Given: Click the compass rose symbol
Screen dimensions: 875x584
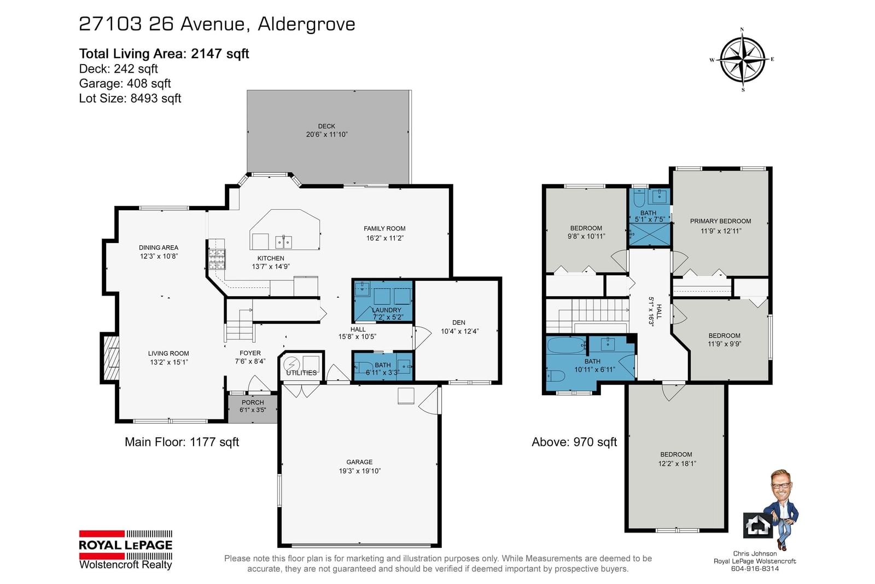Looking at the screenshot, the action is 742,60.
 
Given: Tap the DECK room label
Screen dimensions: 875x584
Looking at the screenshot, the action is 326,126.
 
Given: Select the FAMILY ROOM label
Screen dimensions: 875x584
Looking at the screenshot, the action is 384,229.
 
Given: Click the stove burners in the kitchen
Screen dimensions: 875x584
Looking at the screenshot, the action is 217,259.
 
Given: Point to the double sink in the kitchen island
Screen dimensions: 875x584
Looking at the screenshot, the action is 284,242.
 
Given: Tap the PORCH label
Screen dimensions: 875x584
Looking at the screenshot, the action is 253,402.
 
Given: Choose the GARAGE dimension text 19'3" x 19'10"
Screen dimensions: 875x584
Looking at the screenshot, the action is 359,471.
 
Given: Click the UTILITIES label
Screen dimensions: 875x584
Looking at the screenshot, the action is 301,373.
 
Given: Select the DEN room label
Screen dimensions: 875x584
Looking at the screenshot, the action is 459,322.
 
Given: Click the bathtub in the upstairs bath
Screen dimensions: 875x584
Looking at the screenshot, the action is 566,345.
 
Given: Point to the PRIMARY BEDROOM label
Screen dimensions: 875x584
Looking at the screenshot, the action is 720,221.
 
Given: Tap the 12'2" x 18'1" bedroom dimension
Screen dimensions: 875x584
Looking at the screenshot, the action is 677,464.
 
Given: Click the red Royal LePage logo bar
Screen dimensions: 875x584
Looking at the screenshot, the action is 102,534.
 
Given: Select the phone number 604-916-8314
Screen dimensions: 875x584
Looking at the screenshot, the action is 755,569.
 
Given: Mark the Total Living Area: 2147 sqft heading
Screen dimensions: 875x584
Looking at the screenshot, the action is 164,54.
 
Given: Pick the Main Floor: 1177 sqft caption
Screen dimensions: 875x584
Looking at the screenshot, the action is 182,442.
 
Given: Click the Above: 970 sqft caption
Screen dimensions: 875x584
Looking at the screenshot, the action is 574,442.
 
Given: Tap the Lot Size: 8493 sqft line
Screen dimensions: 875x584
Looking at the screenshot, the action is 130,98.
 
